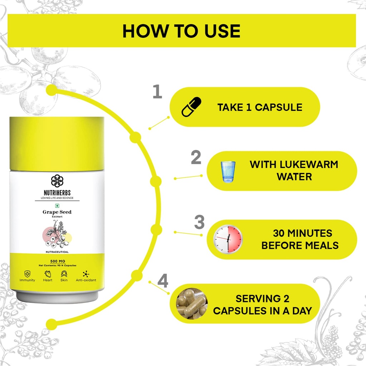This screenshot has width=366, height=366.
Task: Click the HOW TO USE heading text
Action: click(x=181, y=31)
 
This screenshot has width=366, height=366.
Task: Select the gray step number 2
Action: click(x=196, y=157)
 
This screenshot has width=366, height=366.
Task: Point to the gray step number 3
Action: click(x=199, y=222)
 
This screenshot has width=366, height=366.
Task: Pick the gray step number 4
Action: click(x=163, y=281)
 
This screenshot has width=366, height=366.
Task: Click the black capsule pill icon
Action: click(x=192, y=107)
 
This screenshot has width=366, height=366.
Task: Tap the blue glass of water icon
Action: click(x=228, y=172)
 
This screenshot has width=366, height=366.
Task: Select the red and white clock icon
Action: click(x=228, y=239)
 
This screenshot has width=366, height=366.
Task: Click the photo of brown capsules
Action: click(x=192, y=303)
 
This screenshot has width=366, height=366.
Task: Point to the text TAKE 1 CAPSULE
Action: click(x=260, y=107)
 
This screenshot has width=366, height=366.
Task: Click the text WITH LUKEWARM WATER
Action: click(x=294, y=170)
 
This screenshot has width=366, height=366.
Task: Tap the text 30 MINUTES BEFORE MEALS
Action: click(x=300, y=239)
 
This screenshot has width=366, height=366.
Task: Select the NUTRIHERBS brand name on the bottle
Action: click(x=57, y=193)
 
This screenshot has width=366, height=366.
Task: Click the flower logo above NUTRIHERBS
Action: click(x=57, y=181)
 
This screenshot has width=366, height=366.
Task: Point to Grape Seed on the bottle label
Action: click(x=57, y=212)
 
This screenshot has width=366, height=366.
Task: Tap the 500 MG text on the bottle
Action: click(x=58, y=261)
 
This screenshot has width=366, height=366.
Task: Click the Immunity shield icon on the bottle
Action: click(x=27, y=273)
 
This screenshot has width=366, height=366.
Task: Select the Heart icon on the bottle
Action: click(x=48, y=273)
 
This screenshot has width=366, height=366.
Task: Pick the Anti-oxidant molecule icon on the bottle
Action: click(x=86, y=274)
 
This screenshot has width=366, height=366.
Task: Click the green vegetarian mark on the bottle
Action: click(x=57, y=206)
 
